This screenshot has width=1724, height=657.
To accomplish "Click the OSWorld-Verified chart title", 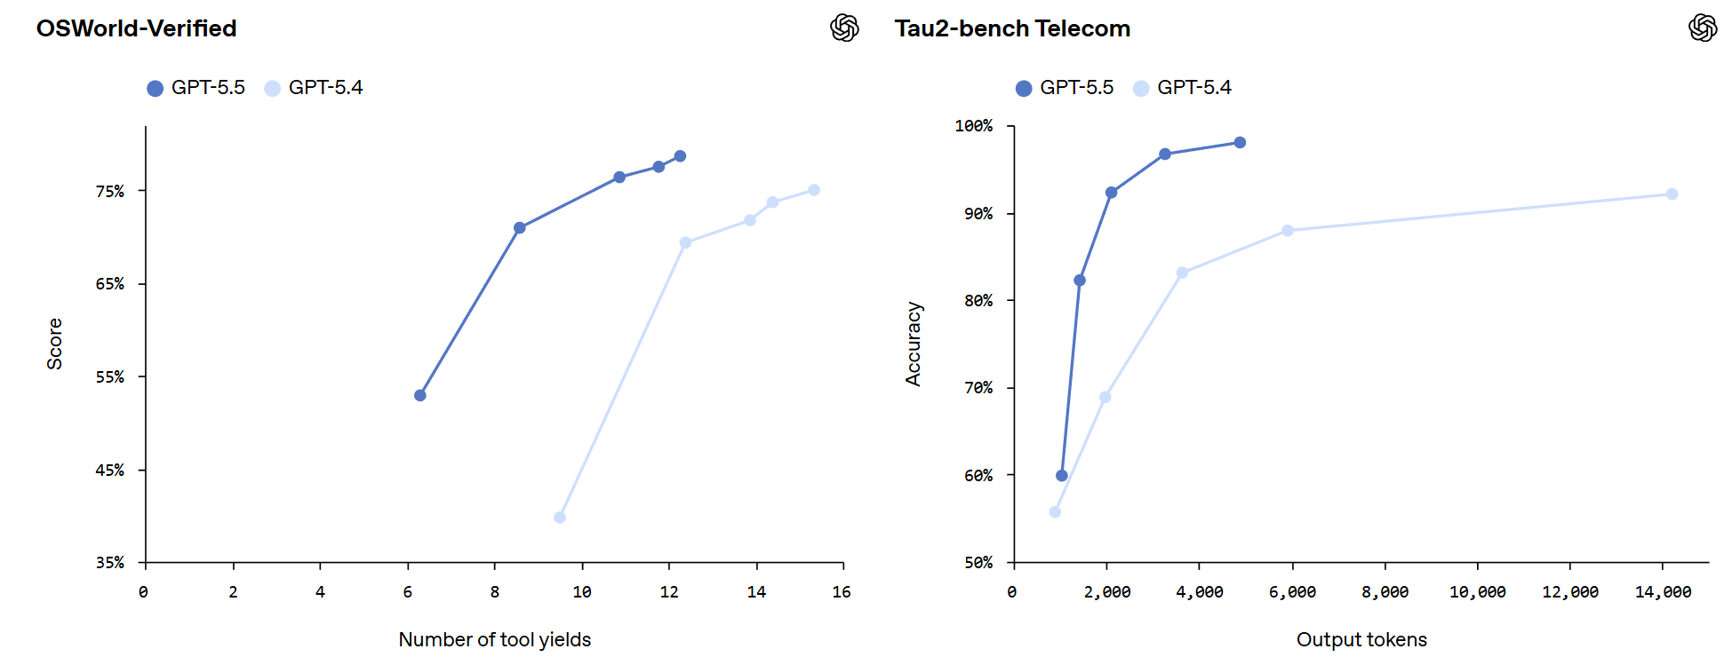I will point(136,28).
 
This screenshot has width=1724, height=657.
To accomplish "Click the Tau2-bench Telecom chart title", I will point(1011,28).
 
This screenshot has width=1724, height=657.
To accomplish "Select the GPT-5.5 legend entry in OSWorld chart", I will point(196,88).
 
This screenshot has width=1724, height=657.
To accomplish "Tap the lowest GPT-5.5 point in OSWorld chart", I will point(420,395).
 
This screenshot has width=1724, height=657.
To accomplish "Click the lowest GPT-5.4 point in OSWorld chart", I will point(560,518).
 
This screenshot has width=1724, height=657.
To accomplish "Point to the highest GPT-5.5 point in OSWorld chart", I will point(680,156).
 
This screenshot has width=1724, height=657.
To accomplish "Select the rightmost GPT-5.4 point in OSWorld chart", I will point(814,190).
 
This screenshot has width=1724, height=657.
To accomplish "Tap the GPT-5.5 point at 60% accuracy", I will point(1062,476).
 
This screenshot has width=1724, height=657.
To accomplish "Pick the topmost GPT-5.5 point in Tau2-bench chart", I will point(1240,143).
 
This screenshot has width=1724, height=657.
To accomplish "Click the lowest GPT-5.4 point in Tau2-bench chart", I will point(1055,512).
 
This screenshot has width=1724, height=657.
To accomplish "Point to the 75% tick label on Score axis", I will point(110,192).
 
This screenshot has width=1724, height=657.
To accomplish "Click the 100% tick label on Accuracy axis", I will point(974,126).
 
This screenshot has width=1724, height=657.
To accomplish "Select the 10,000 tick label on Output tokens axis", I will point(1477,592).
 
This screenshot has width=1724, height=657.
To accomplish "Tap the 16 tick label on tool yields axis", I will point(842,592).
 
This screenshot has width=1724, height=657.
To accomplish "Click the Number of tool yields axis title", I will point(494,639).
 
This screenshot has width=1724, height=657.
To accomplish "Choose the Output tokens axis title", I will point(1361,639).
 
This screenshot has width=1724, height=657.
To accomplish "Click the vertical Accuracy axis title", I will point(914,344).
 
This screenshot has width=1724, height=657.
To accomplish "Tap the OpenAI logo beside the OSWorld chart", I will point(844,28).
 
